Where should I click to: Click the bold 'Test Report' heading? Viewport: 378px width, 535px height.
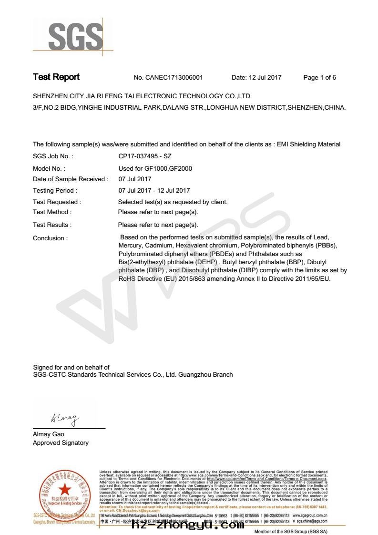point(56,77)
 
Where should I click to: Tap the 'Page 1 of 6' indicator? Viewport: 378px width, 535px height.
point(319,78)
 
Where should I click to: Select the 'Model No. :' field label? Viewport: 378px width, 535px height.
point(49,168)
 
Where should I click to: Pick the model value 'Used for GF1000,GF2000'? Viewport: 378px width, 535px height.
point(155,168)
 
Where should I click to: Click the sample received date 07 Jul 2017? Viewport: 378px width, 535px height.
point(134,179)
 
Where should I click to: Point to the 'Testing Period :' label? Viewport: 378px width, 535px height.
point(53,191)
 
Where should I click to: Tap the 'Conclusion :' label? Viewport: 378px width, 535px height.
point(50,238)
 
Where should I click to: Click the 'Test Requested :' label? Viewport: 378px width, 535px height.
point(57,202)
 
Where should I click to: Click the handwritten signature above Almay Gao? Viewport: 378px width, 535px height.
point(64,418)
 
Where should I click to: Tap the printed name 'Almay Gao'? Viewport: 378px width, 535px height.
point(48,434)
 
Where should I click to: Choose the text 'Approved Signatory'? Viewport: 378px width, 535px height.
point(61,443)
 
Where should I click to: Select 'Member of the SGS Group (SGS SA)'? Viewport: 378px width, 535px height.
point(291,531)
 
